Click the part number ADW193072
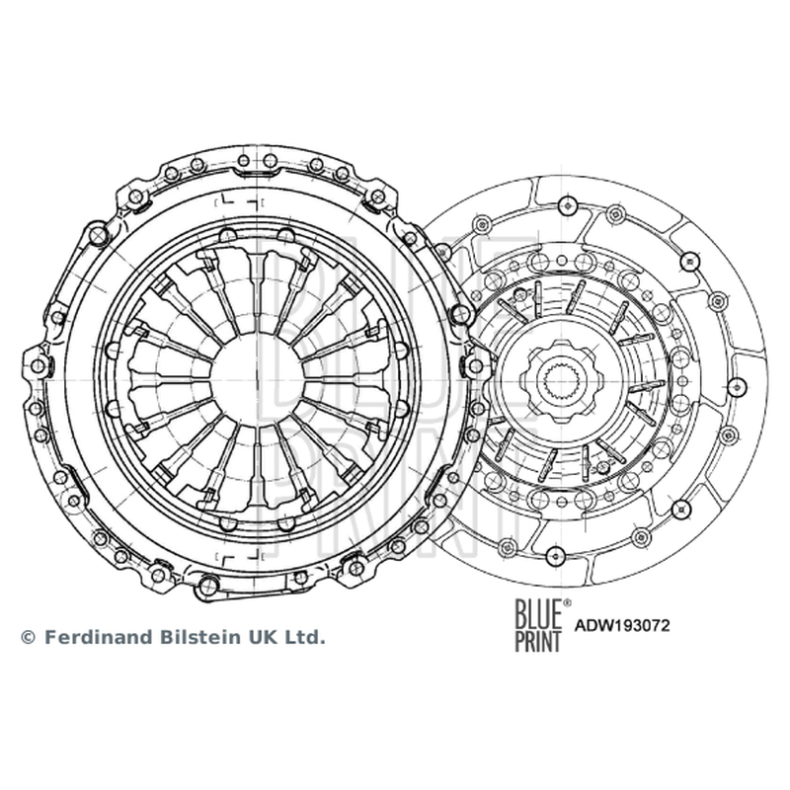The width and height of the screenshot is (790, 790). click(x=622, y=625)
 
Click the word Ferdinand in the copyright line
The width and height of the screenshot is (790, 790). click(x=98, y=637)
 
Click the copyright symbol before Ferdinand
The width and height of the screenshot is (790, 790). click(x=29, y=638)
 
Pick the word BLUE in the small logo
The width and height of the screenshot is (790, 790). click(x=537, y=612)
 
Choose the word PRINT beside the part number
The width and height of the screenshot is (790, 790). click(x=537, y=641)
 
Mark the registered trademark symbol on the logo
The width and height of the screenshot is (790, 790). click(x=567, y=602)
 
